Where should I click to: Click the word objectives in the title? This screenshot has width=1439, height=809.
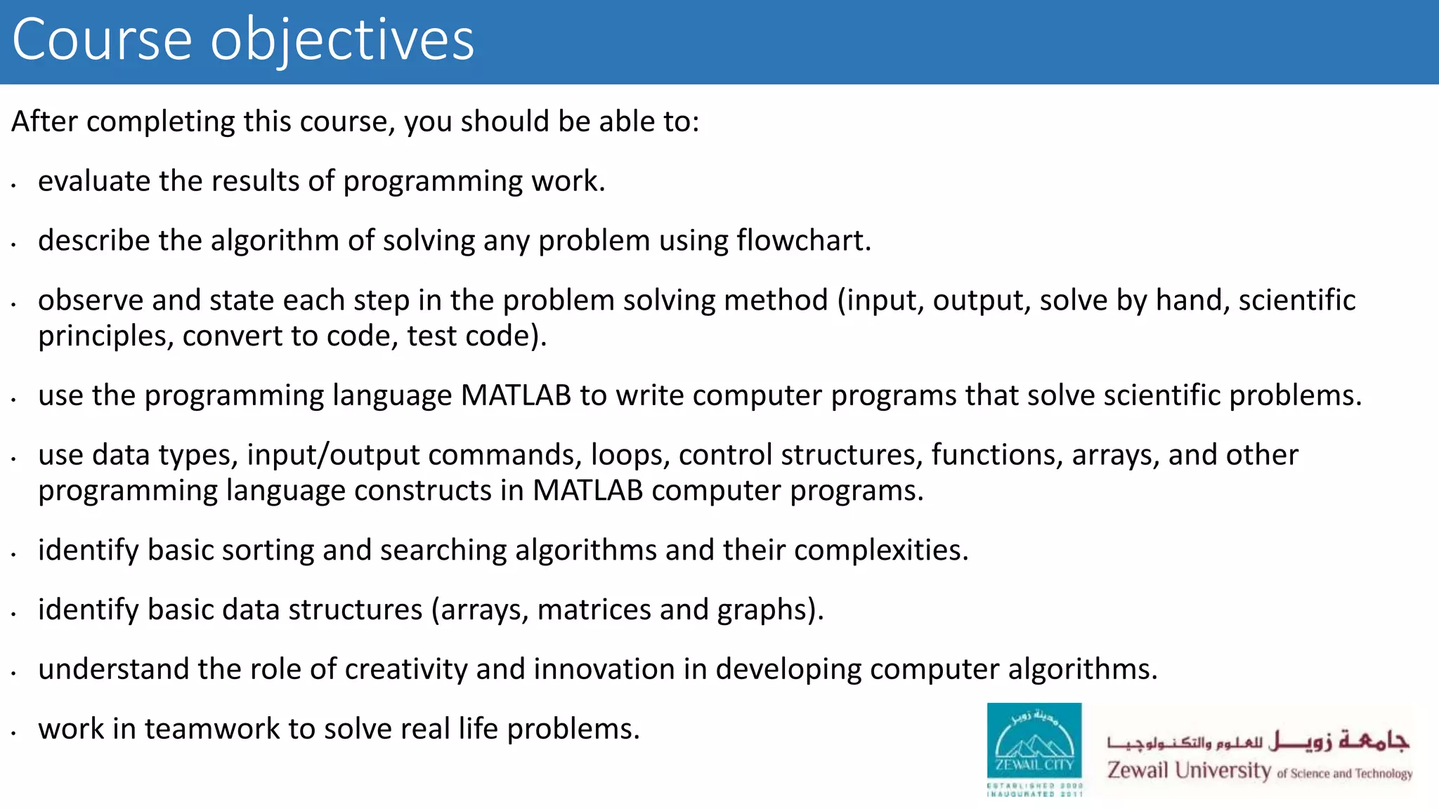[342, 41]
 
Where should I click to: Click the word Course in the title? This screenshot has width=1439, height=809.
[102, 41]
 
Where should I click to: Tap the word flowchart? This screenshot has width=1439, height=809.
[802, 241]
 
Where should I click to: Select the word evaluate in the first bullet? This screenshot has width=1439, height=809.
[93, 181]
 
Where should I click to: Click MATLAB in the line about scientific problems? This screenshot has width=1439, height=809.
[516, 395]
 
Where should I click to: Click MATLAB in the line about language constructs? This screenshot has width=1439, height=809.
[587, 491]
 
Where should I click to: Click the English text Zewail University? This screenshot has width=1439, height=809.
[1189, 770]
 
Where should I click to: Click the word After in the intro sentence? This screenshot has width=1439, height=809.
[44, 121]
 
